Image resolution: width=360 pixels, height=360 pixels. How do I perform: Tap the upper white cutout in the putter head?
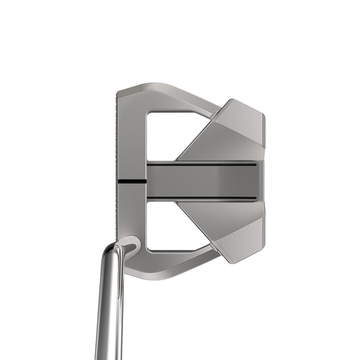point(162,132)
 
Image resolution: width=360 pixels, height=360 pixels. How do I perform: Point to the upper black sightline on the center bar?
point(203,163)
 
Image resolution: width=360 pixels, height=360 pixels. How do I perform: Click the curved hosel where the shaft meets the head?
point(125,247)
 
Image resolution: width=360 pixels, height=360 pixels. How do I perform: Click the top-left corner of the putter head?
point(120,91)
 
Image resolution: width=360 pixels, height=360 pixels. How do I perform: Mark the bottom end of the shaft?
point(108,355)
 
